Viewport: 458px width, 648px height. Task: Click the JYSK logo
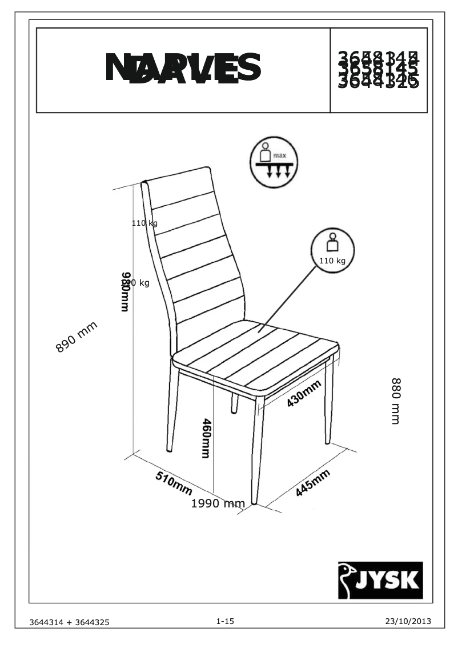click(x=380, y=580)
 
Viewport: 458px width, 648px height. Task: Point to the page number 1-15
click(x=225, y=621)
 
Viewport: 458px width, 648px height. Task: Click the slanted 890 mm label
click(x=77, y=338)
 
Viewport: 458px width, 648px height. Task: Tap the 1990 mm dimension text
click(x=218, y=503)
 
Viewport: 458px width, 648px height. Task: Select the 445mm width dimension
click(x=313, y=483)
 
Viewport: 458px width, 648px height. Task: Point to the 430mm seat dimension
click(x=303, y=393)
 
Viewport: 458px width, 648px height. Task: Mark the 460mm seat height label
click(x=206, y=438)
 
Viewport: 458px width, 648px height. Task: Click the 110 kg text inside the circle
click(x=332, y=261)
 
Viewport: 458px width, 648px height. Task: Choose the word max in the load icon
click(x=279, y=155)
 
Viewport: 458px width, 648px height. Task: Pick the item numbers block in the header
click(x=379, y=70)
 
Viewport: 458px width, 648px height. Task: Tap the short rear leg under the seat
click(x=235, y=403)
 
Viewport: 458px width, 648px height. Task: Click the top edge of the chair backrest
click(x=177, y=174)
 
